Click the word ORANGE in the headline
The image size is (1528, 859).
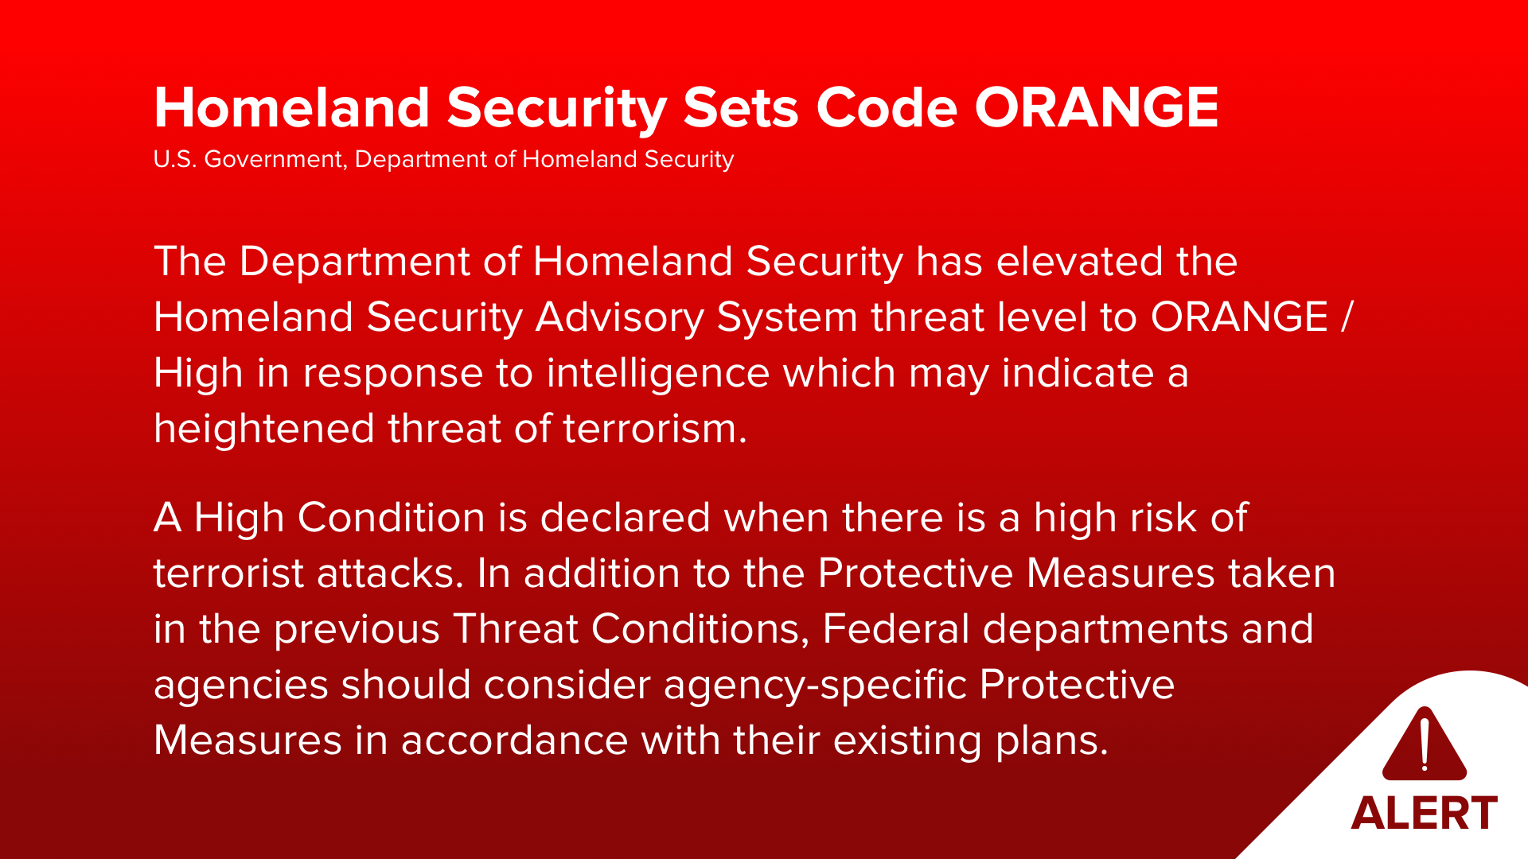pos(1097,107)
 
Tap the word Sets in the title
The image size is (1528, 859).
pos(741,107)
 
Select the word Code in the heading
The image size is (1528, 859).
pos(887,107)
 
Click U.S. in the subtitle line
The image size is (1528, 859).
pos(173,159)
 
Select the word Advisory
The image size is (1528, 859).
pos(620,317)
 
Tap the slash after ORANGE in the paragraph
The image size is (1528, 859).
pos(1346,317)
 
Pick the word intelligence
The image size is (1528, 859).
pos(658,373)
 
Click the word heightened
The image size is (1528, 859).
pos(264,429)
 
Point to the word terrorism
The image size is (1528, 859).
pos(655,429)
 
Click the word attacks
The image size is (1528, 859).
pos(390,573)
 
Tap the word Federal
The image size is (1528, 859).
pos(896,629)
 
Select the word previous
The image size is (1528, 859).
pos(357,630)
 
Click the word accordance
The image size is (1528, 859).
pos(515,740)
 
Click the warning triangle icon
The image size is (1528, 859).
pos(1425,743)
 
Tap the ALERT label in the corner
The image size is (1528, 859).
pos(1425,813)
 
